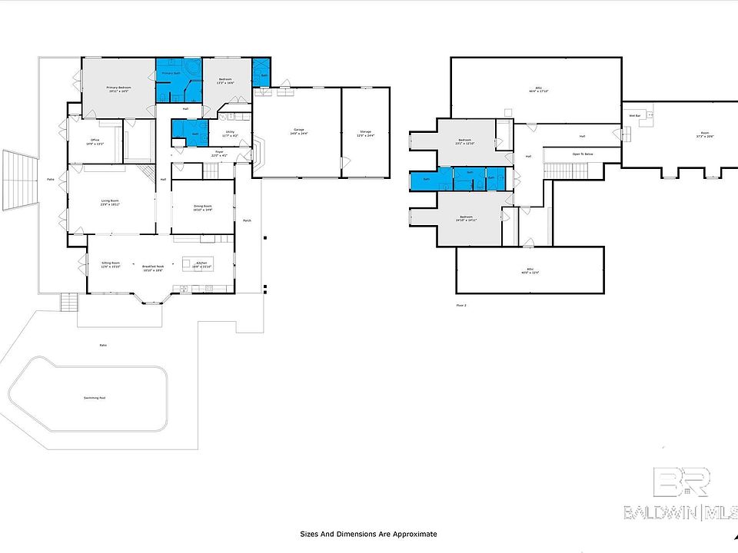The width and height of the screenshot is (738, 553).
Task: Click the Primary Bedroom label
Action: [x=118, y=88]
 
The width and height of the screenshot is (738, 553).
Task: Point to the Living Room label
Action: [x=110, y=201]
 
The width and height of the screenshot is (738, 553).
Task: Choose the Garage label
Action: [x=298, y=131]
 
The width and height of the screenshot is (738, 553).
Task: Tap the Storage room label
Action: [x=365, y=132]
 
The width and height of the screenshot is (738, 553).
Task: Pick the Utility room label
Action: [x=228, y=133]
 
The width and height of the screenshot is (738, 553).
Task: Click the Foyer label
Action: [x=219, y=153]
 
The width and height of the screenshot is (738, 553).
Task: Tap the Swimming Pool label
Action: [x=95, y=397]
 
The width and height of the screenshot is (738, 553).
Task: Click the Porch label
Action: [x=247, y=220]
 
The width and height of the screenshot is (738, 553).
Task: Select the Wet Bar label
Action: [x=635, y=115]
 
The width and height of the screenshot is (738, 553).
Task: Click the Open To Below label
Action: [x=582, y=154]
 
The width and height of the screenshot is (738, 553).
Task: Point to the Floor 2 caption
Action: [x=461, y=305]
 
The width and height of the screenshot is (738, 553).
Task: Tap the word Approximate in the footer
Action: [x=416, y=534]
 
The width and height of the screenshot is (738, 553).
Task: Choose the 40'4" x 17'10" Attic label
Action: [x=541, y=89]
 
